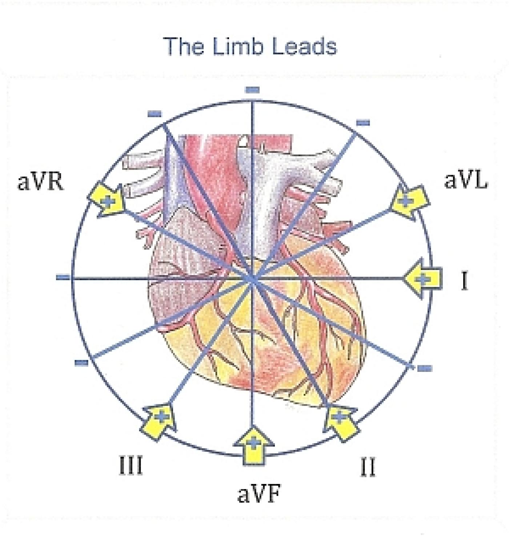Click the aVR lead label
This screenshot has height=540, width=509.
pyautogui.click(x=40, y=182)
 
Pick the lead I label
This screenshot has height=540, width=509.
pyautogui.click(x=464, y=282)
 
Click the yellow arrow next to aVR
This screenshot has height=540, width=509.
pyautogui.click(x=107, y=201)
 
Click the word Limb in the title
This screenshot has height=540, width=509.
pyautogui.click(x=238, y=47)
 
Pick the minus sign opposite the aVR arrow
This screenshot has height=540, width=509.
pyautogui.click(x=425, y=368)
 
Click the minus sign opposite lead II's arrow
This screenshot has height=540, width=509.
pyautogui.click(x=155, y=114)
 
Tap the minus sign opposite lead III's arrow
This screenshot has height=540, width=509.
pyautogui.click(x=363, y=123)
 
